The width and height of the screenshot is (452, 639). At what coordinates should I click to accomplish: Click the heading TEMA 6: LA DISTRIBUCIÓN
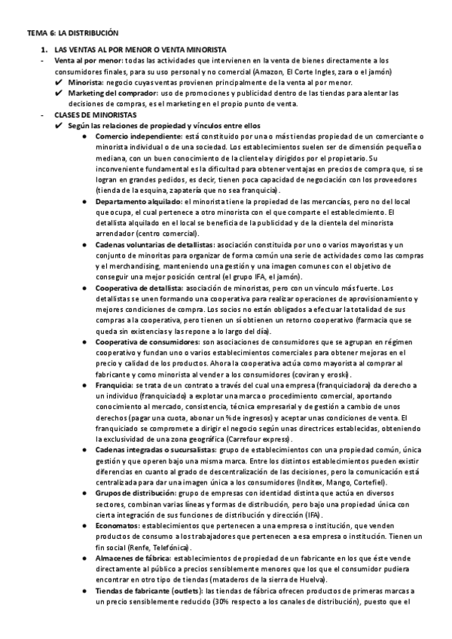point(72,33)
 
